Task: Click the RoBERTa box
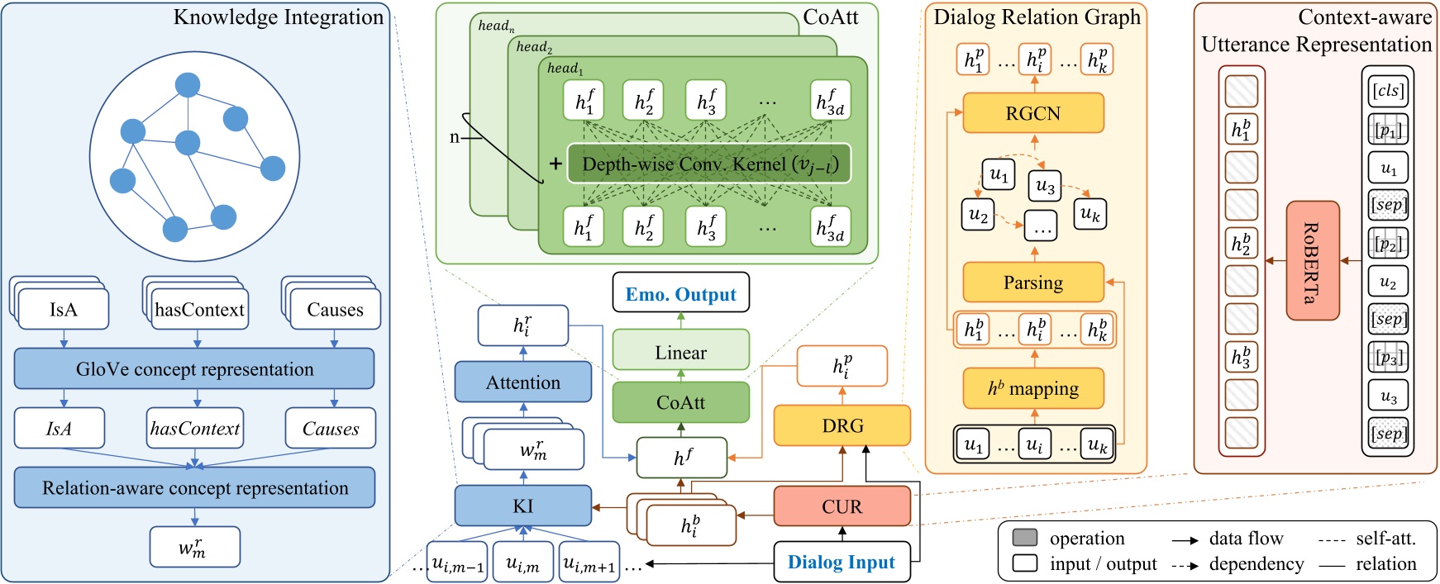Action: click(x=1312, y=261)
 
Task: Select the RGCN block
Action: click(x=1032, y=113)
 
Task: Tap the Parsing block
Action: click(x=1032, y=283)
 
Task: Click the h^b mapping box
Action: click(x=1032, y=388)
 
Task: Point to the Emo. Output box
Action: click(x=680, y=293)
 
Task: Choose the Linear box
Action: click(x=680, y=352)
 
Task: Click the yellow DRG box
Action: click(x=842, y=425)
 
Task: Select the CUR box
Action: click(x=842, y=506)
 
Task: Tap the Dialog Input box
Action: click(x=842, y=562)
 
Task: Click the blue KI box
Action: click(x=522, y=506)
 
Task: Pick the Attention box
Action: click(x=522, y=382)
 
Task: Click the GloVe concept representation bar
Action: click(x=194, y=368)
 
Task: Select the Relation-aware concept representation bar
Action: click(x=194, y=487)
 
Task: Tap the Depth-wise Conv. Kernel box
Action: click(x=708, y=164)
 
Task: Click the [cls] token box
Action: click(x=1388, y=91)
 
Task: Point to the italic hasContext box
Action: click(x=195, y=428)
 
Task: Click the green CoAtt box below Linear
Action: click(x=680, y=402)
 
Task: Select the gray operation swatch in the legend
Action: click(x=1024, y=538)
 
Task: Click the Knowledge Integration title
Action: click(x=279, y=17)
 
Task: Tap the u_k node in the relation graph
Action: click(x=1090, y=214)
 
